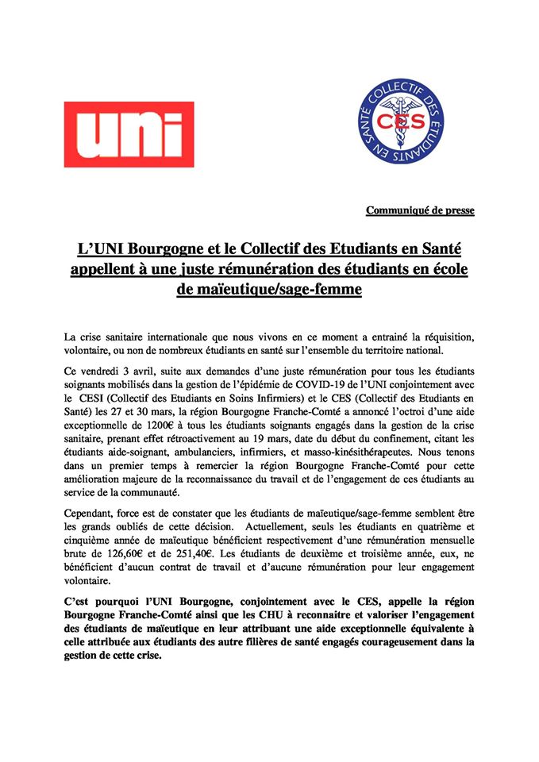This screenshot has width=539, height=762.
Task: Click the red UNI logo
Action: tap(129, 134)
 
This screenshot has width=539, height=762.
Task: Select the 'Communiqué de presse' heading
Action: tap(420, 210)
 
